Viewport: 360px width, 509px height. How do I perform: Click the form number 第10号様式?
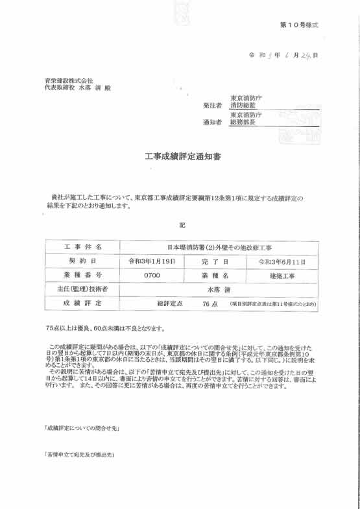point(299,25)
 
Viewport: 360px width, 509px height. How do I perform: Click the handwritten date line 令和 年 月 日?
point(283,56)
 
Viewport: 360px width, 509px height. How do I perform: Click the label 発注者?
point(213,105)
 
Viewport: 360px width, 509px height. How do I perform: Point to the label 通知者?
point(213,122)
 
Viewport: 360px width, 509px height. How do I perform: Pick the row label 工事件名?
point(82,247)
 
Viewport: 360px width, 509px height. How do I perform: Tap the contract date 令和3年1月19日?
point(151,261)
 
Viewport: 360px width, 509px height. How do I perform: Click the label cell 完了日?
point(217,261)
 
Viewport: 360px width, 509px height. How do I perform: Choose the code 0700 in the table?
point(151,276)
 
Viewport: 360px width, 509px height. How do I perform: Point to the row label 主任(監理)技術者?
point(82,289)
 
